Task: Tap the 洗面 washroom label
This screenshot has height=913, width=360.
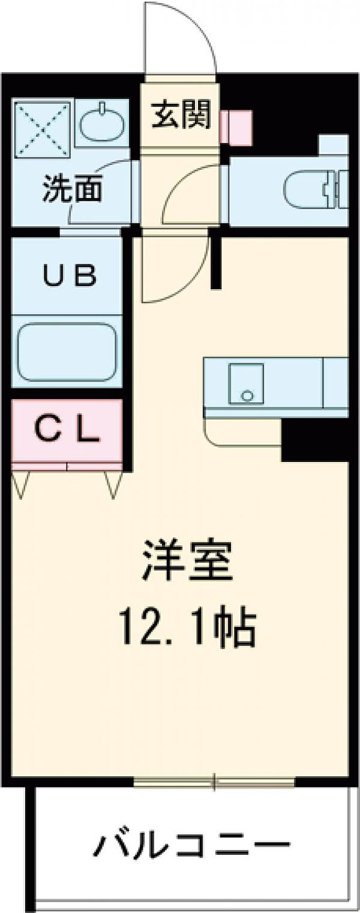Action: click(x=73, y=189)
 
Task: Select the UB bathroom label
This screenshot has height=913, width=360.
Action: click(x=70, y=276)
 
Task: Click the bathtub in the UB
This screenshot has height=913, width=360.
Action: click(x=67, y=352)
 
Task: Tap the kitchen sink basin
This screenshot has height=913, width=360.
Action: click(x=246, y=383)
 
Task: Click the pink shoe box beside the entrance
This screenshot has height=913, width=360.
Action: click(x=236, y=127)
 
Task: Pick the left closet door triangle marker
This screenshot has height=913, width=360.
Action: click(x=21, y=485)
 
